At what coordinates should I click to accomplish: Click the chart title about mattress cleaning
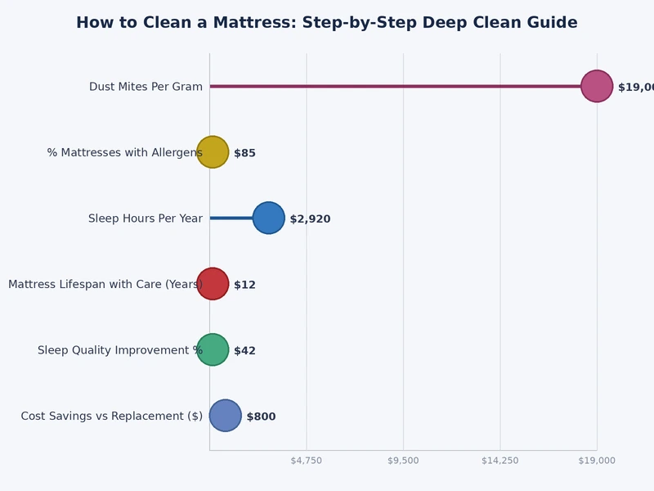[x=327, y=23]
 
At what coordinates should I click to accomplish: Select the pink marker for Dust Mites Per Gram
[x=597, y=86]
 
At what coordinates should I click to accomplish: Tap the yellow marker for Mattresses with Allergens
[x=213, y=152]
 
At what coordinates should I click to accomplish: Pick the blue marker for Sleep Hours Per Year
[x=269, y=218]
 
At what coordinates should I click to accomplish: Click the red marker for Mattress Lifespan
[x=213, y=284]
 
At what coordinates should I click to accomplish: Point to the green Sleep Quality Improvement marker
[x=213, y=350]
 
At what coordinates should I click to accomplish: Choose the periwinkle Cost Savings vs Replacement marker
[x=226, y=416]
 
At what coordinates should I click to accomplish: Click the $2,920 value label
[x=310, y=218]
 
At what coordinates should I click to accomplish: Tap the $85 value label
[x=244, y=153]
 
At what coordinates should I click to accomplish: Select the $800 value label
[x=261, y=417]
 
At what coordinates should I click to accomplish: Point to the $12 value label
[x=244, y=285]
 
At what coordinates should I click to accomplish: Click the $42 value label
[x=244, y=350]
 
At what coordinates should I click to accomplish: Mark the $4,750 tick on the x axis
[x=307, y=461]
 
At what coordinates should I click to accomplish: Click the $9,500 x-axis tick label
[x=403, y=461]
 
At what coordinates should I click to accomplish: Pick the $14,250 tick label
[x=500, y=461]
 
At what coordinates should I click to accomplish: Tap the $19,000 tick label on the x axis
[x=597, y=461]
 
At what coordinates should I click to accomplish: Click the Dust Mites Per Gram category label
[x=146, y=87]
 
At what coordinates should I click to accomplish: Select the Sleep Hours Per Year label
[x=146, y=218]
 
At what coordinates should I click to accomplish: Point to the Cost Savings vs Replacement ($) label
[x=112, y=417]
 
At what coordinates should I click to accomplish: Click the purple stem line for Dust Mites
[x=392, y=86]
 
